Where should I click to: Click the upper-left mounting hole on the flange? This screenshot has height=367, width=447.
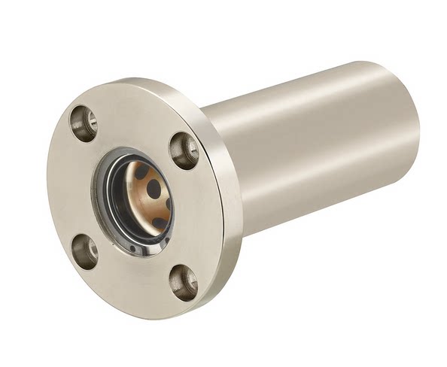click(x=84, y=123)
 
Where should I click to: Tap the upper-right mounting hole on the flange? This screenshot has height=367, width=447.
click(x=184, y=150)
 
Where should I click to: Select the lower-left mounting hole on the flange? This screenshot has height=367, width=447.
click(x=84, y=251)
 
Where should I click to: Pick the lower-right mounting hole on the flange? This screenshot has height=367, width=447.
click(x=184, y=282)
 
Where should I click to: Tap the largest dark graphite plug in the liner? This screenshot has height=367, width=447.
click(x=154, y=188)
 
